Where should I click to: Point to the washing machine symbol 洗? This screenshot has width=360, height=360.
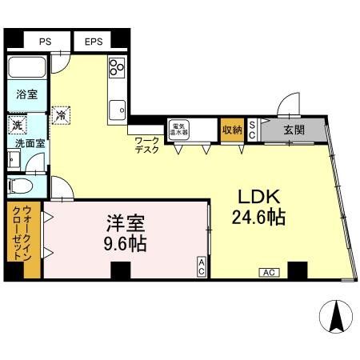[x=16, y=125]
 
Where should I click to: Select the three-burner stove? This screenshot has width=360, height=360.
[x=117, y=67]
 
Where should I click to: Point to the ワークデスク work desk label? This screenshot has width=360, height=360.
[x=146, y=145]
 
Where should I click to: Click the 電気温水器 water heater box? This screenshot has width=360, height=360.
[x=177, y=129]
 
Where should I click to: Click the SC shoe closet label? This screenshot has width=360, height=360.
[x=251, y=130]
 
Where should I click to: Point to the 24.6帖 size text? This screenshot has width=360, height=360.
[x=258, y=218]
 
